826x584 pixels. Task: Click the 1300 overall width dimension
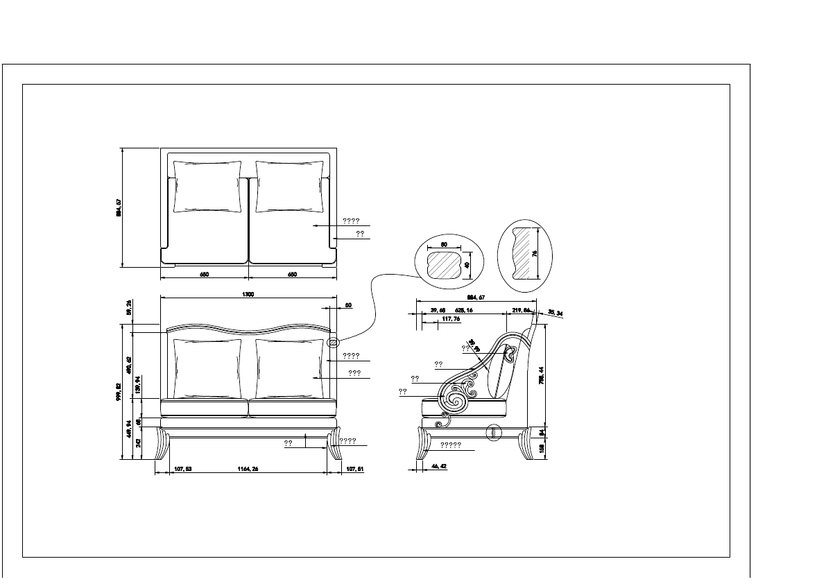pos(248,295)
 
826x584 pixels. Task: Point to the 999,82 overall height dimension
pos(119,391)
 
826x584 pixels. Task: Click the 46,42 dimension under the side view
pos(438,467)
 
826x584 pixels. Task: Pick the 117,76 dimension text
pos(451,319)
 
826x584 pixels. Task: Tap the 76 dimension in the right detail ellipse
pos(535,253)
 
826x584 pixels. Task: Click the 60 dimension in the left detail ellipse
pos(444,245)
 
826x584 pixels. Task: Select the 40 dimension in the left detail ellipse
pos(467,265)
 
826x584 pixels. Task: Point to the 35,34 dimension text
pos(555,313)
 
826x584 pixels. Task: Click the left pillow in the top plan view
pos(207,187)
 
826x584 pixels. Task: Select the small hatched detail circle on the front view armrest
pos(333,342)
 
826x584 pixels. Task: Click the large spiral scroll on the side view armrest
pos(455,400)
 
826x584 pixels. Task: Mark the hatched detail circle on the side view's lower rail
pos(494,433)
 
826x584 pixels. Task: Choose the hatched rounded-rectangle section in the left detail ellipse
pos(444,265)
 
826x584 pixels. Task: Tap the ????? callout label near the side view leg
pos(451,445)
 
